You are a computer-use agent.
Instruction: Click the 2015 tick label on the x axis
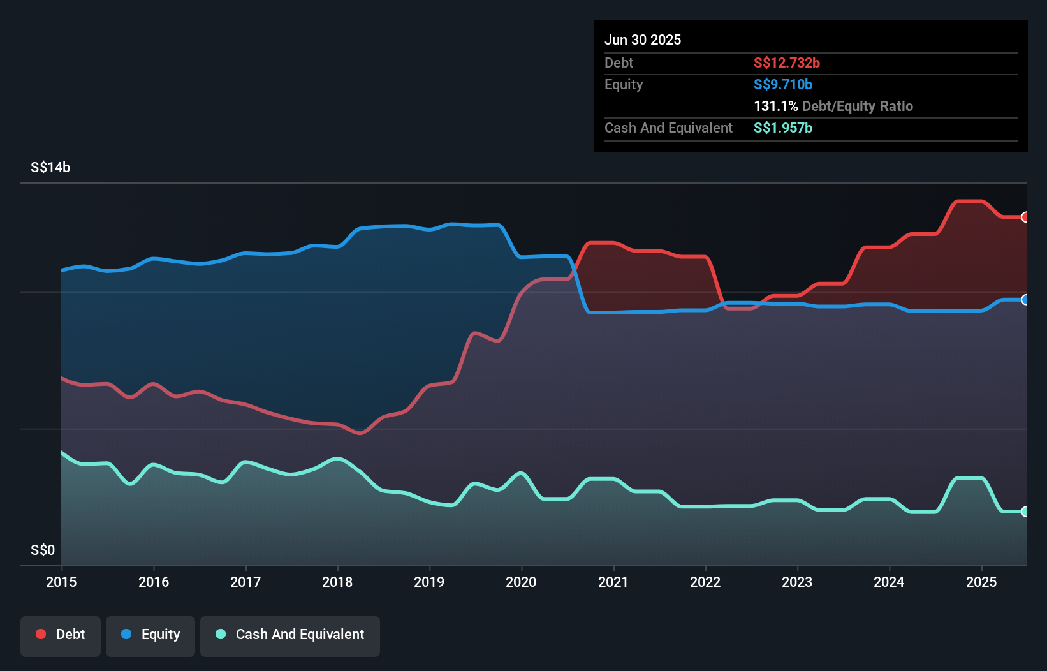click(61, 582)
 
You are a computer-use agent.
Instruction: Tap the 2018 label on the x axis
click(337, 582)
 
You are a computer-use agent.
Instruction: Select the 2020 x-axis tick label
click(521, 582)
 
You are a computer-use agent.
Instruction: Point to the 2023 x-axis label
click(797, 582)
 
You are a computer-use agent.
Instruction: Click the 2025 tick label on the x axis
click(981, 582)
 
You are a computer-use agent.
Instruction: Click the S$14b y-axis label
click(50, 168)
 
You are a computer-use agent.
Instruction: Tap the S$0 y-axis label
click(43, 550)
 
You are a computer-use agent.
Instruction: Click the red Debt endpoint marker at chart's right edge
click(1025, 218)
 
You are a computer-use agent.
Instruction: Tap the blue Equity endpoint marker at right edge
click(1025, 300)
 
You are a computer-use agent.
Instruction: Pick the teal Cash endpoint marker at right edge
click(1025, 512)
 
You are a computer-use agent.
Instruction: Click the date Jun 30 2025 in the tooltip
click(643, 40)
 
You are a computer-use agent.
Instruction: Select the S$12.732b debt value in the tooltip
click(787, 63)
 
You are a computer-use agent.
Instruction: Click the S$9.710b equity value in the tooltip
click(783, 84)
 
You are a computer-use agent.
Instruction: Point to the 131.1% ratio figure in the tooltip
click(775, 106)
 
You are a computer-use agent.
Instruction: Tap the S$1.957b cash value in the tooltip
click(783, 128)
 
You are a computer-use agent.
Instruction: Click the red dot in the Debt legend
click(41, 634)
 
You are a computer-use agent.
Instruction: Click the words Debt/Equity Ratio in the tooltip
click(858, 106)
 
